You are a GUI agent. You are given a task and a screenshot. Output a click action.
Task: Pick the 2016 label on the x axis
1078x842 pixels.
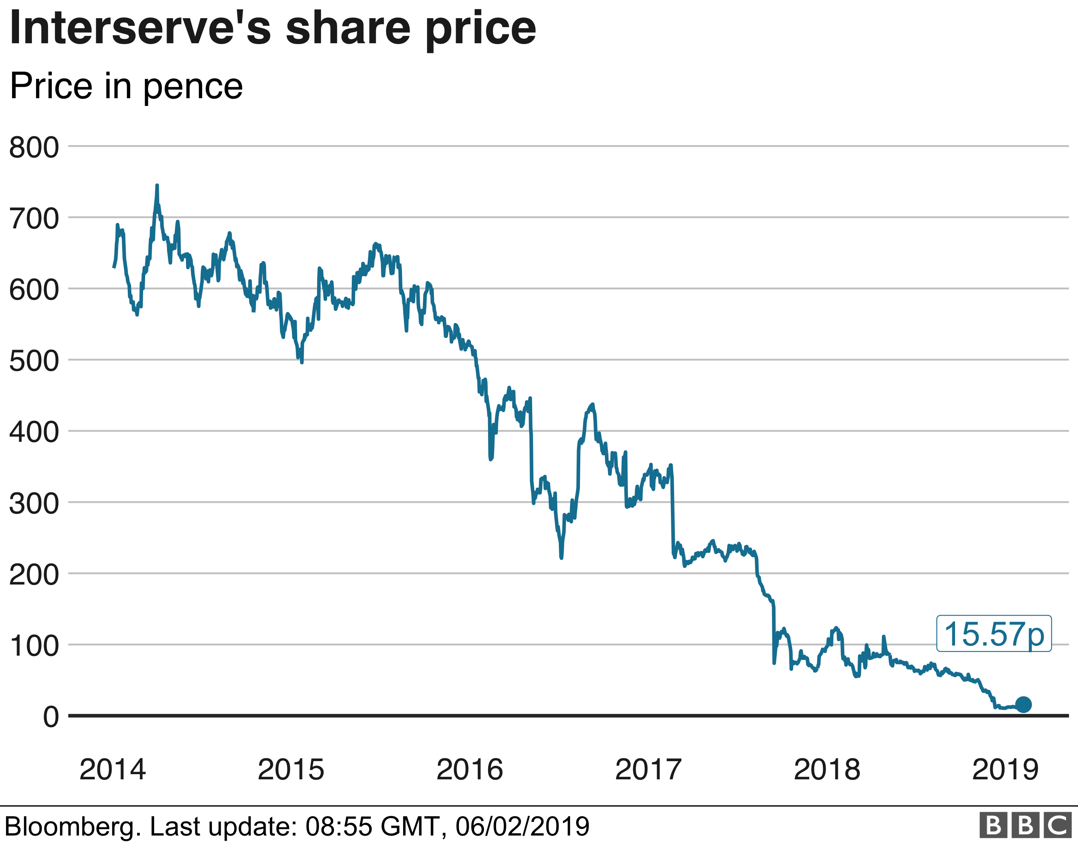click(x=469, y=770)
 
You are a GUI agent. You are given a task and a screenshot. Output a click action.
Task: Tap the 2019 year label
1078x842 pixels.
click(x=1006, y=770)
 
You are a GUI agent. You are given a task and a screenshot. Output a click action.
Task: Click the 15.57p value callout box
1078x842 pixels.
click(x=993, y=634)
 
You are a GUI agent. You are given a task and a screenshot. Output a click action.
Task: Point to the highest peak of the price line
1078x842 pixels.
click(x=157, y=186)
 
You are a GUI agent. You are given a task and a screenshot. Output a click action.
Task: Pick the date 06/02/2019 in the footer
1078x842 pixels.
click(x=522, y=826)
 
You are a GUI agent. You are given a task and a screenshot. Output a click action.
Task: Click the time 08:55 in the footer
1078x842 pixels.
click(x=338, y=826)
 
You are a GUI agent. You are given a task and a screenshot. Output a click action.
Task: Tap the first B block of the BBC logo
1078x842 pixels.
click(x=993, y=825)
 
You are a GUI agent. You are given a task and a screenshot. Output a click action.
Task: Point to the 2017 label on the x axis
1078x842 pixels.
click(x=648, y=770)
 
